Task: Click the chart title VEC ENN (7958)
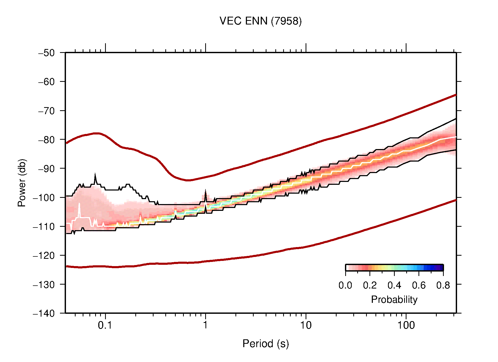coord(260,21)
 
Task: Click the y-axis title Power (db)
coord(22,183)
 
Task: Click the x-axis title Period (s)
coord(265,344)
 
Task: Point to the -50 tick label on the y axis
coord(46,53)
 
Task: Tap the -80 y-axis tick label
coord(46,140)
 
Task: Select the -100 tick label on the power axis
coord(44,198)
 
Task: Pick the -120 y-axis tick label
coord(44,255)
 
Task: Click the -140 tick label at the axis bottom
coord(44,313)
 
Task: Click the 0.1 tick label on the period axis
coord(105,325)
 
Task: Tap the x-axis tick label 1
coord(205,325)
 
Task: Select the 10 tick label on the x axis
coord(306,325)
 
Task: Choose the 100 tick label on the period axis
coord(406,325)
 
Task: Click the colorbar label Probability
coord(394,300)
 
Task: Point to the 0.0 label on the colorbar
coord(345,286)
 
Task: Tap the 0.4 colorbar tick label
coord(394,286)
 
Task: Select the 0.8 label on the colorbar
coord(443,286)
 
